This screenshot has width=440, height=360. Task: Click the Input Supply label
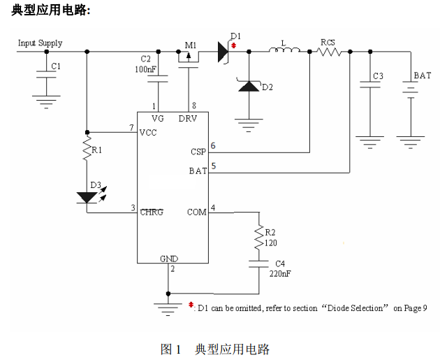coord(40,43)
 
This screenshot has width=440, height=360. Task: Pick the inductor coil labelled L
coord(284,50)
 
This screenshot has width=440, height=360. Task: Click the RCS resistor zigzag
coord(328,51)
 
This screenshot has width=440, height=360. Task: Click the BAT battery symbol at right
coord(409,90)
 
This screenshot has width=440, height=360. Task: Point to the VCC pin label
coord(149,132)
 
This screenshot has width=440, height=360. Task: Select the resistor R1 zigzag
coord(87,150)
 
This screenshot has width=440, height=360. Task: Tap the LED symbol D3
coord(88,197)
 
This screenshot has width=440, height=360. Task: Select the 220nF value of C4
coord(279,273)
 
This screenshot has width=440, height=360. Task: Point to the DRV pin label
coord(188,118)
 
